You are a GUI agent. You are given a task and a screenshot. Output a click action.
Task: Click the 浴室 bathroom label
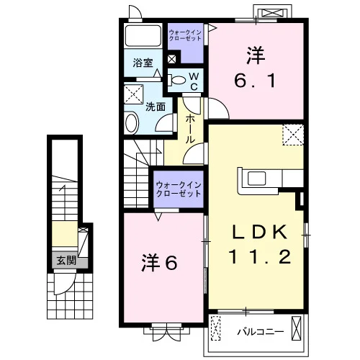(x=143, y=63)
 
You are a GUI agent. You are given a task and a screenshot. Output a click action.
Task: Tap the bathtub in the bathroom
(x=143, y=35)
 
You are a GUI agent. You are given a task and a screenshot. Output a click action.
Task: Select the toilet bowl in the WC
(x=177, y=80)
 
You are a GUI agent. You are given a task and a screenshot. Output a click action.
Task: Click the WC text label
(x=194, y=82)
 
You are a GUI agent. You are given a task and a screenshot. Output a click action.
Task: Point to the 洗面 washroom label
(x=156, y=107)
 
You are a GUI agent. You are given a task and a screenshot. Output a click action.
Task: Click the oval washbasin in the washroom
(x=132, y=123)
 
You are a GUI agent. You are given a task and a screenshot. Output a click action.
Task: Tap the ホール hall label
(x=190, y=129)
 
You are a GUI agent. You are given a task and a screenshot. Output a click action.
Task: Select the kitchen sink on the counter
(x=256, y=179)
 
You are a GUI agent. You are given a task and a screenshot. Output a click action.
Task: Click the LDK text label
(x=260, y=233)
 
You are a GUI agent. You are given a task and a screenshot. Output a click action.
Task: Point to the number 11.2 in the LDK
(x=261, y=256)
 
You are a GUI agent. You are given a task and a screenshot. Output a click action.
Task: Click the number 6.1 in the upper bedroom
(x=255, y=81)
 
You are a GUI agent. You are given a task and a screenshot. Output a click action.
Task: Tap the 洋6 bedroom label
(x=159, y=262)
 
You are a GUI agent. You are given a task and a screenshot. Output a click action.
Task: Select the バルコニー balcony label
(x=261, y=332)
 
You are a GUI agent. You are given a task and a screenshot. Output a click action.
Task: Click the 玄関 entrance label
(x=66, y=261)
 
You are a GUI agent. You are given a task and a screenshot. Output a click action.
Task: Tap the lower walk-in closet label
(x=179, y=189)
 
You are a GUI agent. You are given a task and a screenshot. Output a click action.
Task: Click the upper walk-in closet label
(x=185, y=35)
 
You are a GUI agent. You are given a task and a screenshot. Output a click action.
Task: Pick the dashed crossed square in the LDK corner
(x=293, y=135)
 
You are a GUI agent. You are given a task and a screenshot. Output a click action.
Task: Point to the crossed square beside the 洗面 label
(x=134, y=94)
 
